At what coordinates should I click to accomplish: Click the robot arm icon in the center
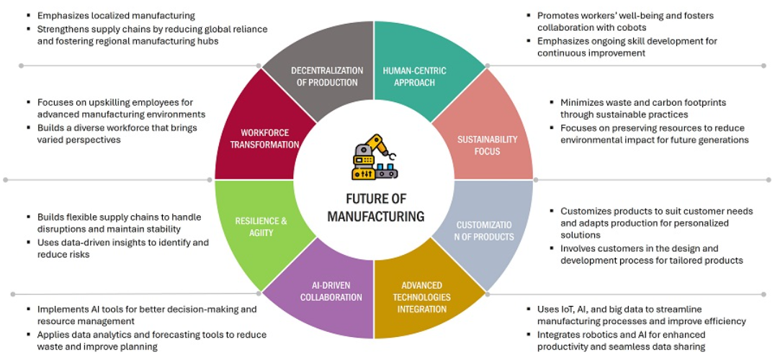click(x=374, y=156)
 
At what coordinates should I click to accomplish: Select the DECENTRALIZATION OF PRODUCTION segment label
click(x=327, y=76)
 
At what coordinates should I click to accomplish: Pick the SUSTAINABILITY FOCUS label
click(x=488, y=145)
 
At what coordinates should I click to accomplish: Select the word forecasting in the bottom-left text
click(x=163, y=335)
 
